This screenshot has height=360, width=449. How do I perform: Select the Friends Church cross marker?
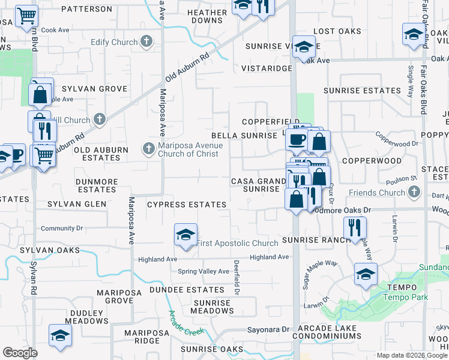(412, 193)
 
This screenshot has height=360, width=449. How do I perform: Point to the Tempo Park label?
(401, 297)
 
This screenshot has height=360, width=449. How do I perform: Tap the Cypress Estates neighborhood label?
(187, 205)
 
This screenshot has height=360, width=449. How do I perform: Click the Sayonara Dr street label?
(269, 330)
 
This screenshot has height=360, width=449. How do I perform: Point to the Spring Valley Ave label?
(203, 271)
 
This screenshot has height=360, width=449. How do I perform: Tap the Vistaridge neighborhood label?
(267, 69)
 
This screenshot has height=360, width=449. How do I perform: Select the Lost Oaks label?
(337, 31)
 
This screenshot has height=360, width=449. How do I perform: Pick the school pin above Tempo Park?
(365, 274)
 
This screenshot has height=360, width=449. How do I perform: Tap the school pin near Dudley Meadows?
(60, 336)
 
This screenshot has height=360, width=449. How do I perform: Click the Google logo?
(20, 353)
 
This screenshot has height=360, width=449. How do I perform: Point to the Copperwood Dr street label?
(396, 144)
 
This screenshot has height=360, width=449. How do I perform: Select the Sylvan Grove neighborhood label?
(100, 89)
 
